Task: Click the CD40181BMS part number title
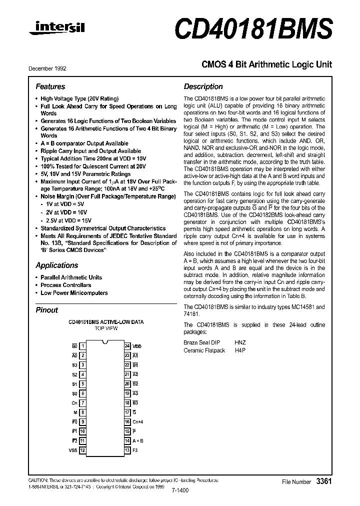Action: click(253, 29)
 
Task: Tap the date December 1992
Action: click(47, 68)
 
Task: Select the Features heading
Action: click(50, 86)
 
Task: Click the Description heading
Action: click(202, 86)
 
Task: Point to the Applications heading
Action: click(56, 265)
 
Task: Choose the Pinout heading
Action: click(47, 310)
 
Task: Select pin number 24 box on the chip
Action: click(127, 346)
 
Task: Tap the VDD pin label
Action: click(137, 346)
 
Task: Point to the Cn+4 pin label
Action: click(138, 422)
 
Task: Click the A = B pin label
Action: click(138, 441)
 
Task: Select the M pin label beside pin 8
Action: click(75, 412)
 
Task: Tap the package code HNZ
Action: click(240, 342)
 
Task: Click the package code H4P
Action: click(240, 350)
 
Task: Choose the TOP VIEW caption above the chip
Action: click(105, 329)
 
